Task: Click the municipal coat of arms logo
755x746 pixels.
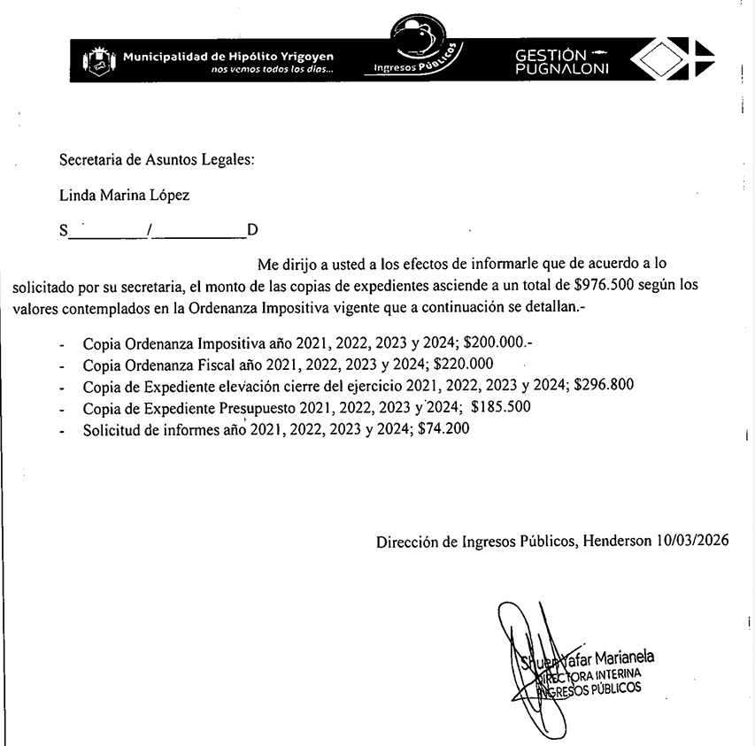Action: coord(98,61)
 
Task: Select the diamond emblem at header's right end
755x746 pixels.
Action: coord(677,60)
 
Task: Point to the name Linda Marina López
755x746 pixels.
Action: coord(124,196)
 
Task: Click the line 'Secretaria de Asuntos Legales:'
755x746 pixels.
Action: coord(156,160)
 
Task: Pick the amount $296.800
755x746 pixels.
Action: coord(605,386)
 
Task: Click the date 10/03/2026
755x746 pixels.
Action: coord(693,540)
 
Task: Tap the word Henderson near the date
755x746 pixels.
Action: coord(617,540)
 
